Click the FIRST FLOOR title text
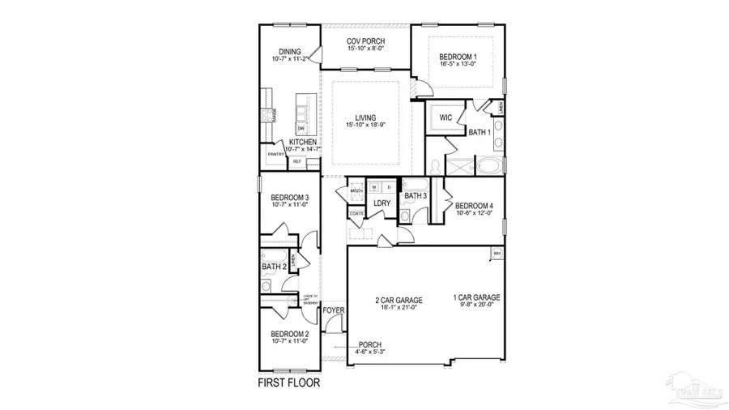pyautogui.click(x=288, y=382)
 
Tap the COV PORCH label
pyautogui.click(x=365, y=41)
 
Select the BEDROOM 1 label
pyautogui.click(x=458, y=57)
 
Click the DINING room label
pyautogui.click(x=290, y=52)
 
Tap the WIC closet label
pyautogui.click(x=445, y=117)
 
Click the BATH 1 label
pyautogui.click(x=480, y=132)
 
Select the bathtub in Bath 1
pyautogui.click(x=488, y=168)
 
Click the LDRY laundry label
pyautogui.click(x=382, y=203)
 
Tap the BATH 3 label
pyautogui.click(x=416, y=195)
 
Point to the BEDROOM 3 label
pyautogui.click(x=290, y=198)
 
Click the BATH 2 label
pyautogui.click(x=274, y=266)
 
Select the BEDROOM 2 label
pyautogui.click(x=290, y=334)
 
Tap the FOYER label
pyautogui.click(x=334, y=310)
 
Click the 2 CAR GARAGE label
pyautogui.click(x=398, y=300)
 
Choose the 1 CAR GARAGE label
pyautogui.click(x=475, y=297)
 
